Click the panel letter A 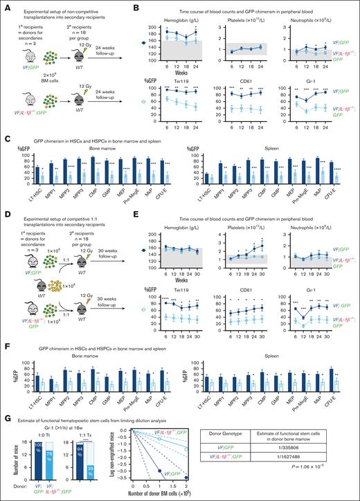[4, 5]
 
